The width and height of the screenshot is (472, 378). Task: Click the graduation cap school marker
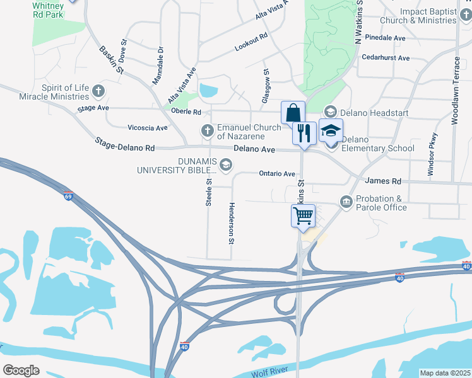331,130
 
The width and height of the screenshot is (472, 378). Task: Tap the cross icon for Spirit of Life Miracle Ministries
98,91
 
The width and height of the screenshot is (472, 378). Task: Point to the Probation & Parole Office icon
346,202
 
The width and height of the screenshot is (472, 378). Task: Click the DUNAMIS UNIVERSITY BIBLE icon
226,165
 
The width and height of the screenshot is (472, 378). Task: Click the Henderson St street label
232,224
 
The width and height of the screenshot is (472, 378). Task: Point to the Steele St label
208,192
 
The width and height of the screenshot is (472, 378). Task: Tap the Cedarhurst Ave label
386,58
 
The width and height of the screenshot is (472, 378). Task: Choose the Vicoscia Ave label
148,128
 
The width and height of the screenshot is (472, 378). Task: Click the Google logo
21,370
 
